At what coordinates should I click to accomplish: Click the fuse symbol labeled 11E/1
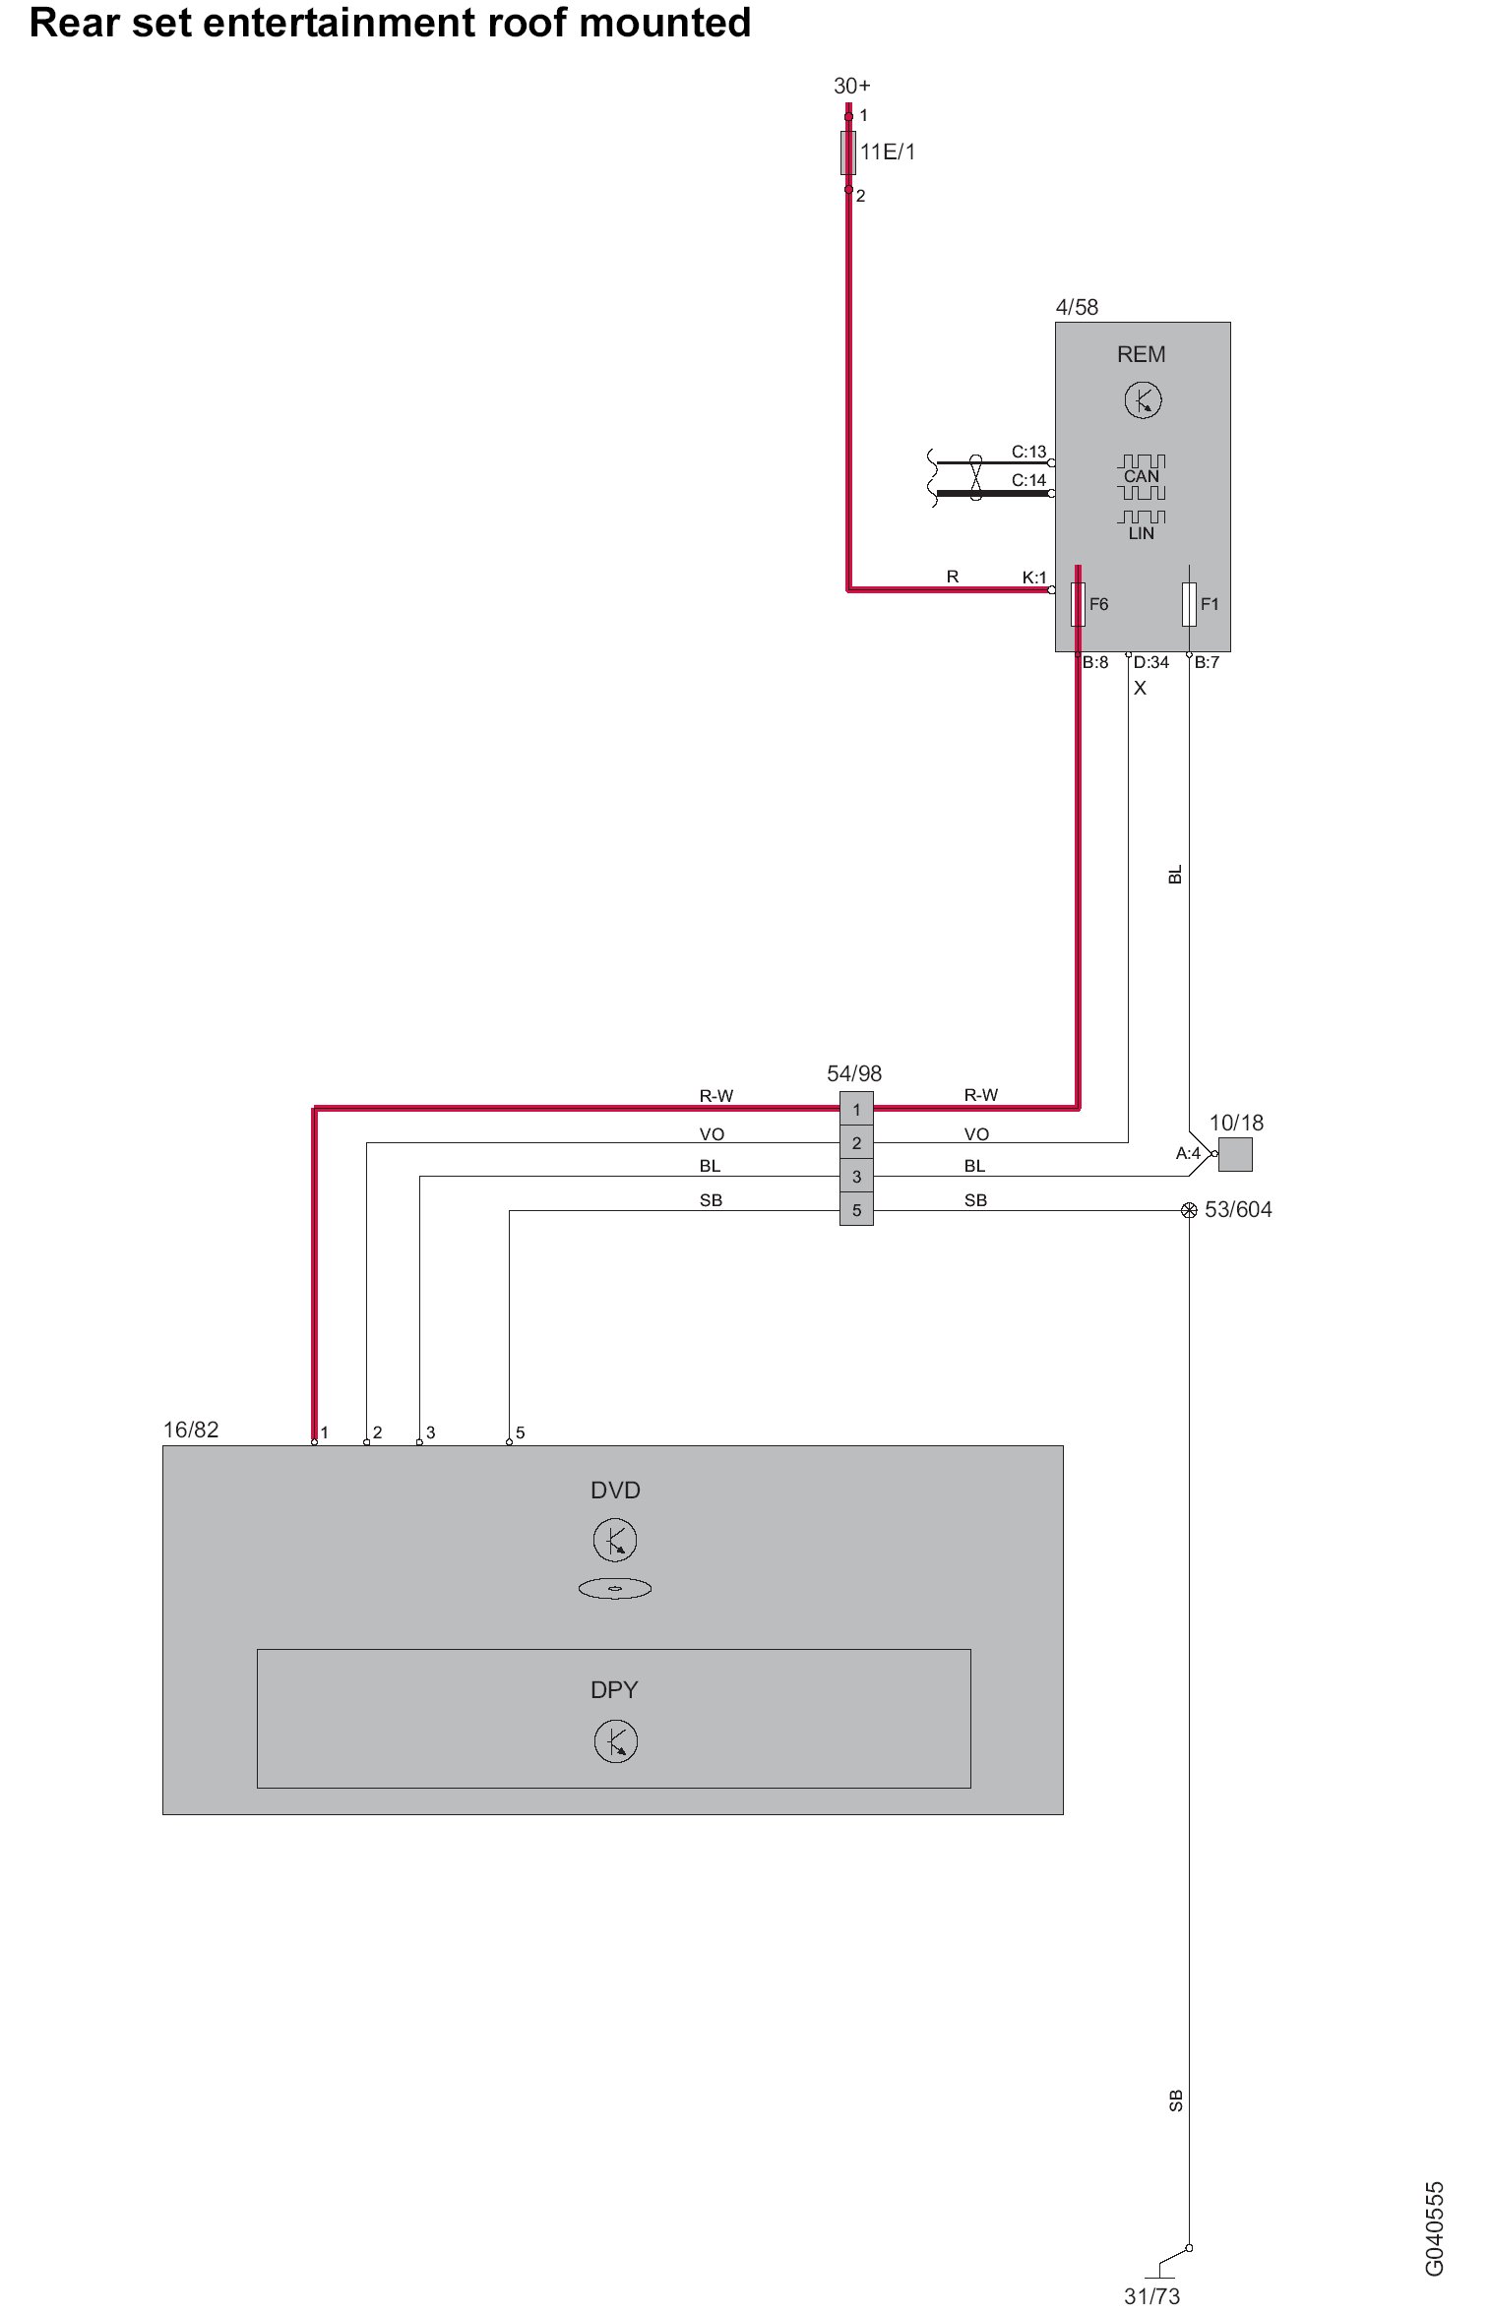[x=848, y=152]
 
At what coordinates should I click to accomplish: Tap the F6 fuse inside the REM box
[x=1078, y=604]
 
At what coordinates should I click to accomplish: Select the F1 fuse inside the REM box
[x=1189, y=604]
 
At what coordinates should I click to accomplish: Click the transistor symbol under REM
[x=1143, y=400]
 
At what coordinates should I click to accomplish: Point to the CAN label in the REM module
[x=1142, y=476]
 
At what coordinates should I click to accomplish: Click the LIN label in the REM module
[x=1142, y=533]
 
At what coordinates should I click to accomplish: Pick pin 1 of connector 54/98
[x=856, y=1110]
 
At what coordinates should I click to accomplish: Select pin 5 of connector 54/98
[x=856, y=1210]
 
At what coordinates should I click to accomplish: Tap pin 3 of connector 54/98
[x=856, y=1177]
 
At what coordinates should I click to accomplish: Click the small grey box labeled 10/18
[x=1235, y=1154]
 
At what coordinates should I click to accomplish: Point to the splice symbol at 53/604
[x=1189, y=1210]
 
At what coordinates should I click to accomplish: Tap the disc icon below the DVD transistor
[x=615, y=1588]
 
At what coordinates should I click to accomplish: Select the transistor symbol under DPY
[x=616, y=1741]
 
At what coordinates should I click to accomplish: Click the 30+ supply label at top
[x=851, y=87]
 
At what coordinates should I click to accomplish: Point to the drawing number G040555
[x=1434, y=2228]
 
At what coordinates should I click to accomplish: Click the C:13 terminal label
[x=1028, y=452]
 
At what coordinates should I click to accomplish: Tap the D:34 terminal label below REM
[x=1150, y=662]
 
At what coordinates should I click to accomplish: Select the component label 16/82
[x=191, y=1430]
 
